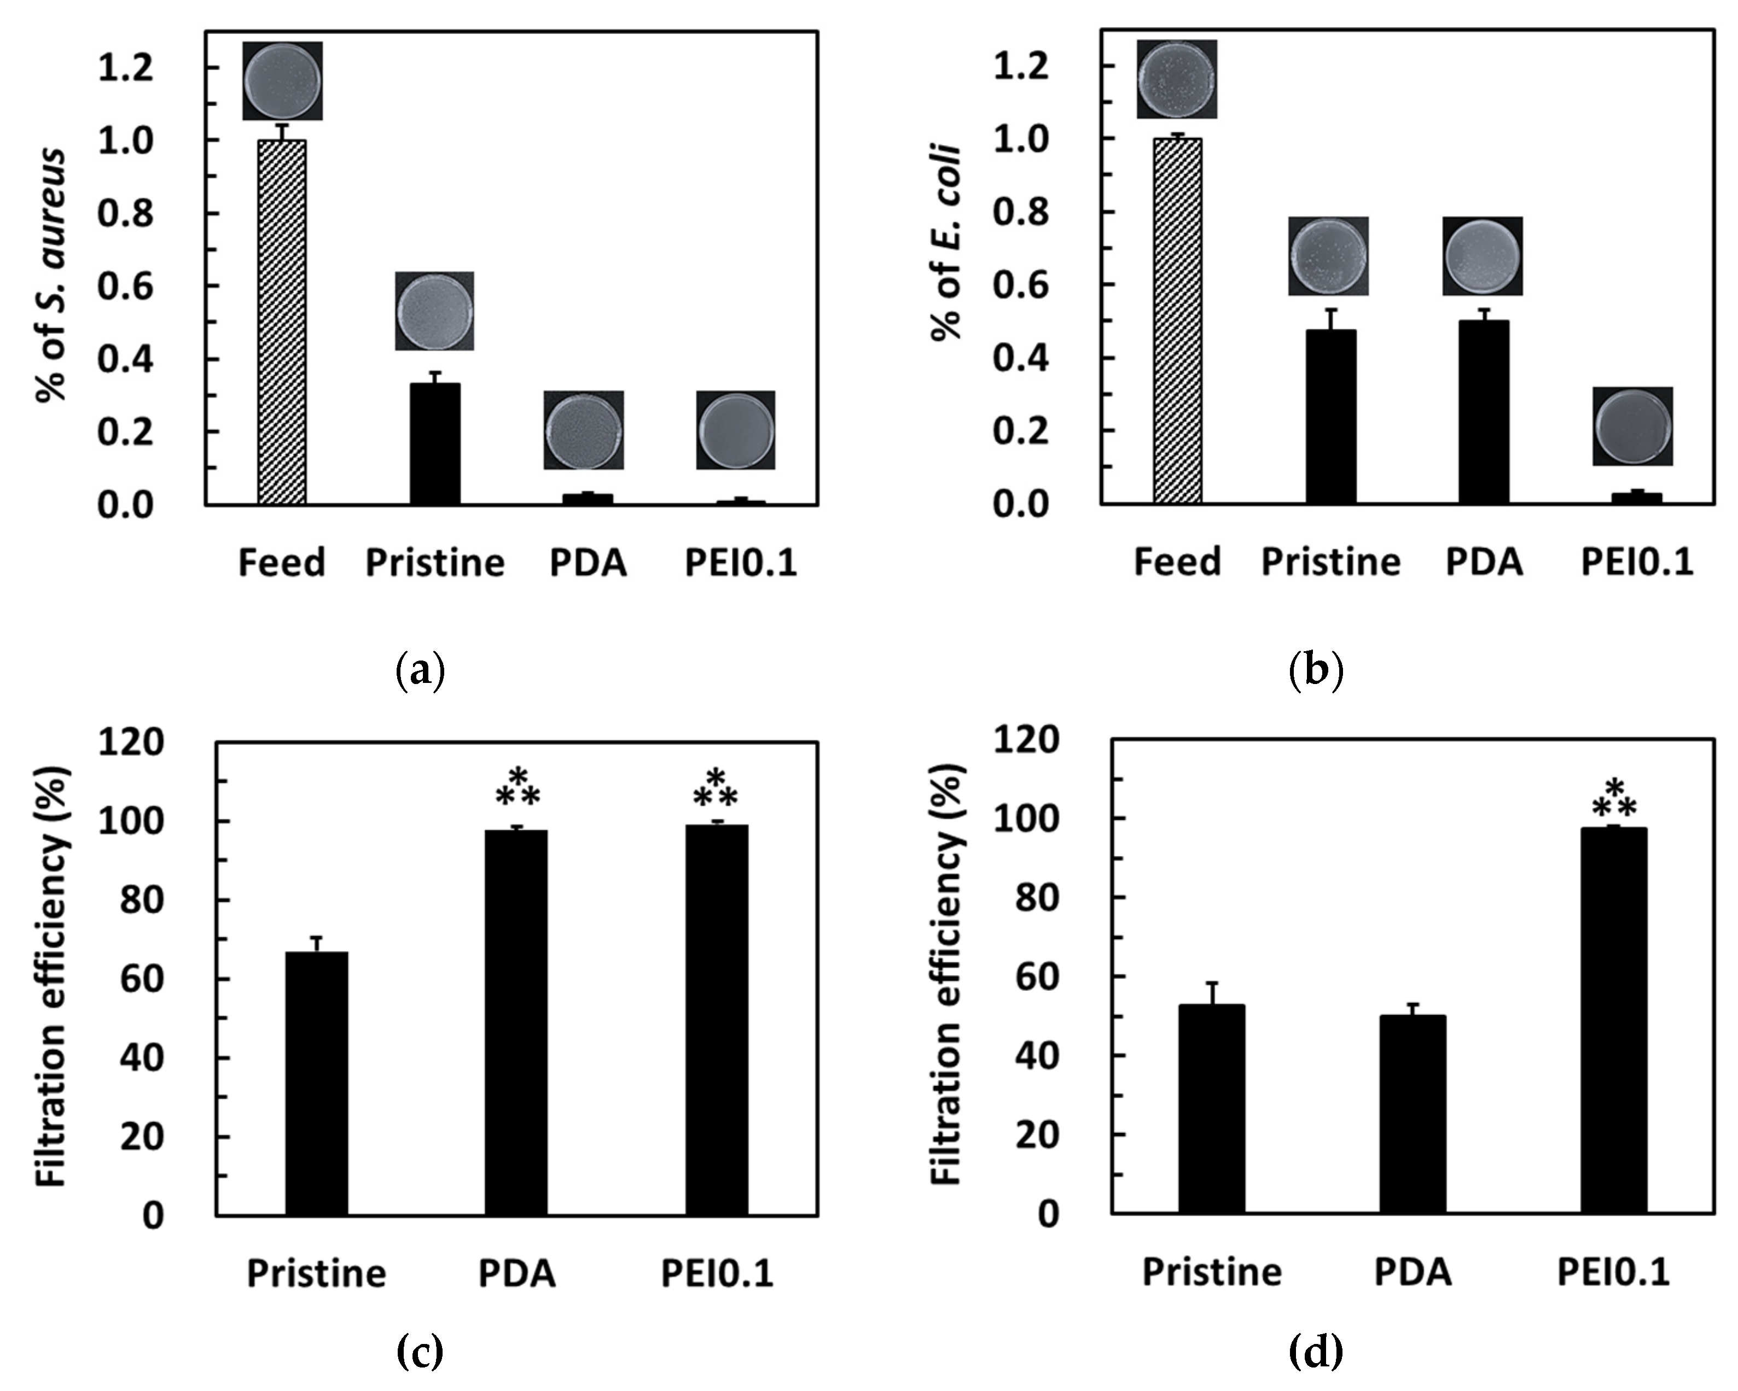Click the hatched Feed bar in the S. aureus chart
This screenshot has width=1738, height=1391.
(281, 323)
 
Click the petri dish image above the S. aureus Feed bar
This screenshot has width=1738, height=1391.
(282, 81)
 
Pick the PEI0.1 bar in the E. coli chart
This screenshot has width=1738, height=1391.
(1636, 498)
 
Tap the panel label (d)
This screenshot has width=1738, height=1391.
(1316, 1352)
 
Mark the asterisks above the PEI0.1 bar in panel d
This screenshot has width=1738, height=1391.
(1613, 799)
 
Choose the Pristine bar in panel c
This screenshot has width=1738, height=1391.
(317, 1083)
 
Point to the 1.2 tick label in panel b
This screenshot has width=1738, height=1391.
(1021, 66)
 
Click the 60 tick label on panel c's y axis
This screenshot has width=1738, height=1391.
(141, 979)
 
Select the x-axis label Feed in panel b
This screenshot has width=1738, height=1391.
(1177, 561)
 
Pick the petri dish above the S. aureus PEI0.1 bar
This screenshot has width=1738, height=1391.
(736, 430)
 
